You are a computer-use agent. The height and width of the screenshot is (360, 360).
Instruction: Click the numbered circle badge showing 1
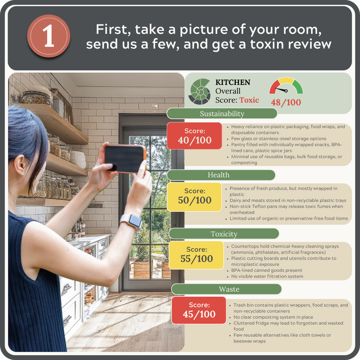[49, 36]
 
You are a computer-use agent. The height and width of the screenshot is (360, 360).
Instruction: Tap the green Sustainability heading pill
[222, 113]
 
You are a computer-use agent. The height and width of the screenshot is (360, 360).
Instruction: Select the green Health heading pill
[221, 175]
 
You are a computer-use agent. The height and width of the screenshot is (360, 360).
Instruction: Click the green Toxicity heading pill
[224, 234]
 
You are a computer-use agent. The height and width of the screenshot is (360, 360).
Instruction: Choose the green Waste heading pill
[226, 289]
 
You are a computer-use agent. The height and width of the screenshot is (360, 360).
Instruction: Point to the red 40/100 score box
[194, 136]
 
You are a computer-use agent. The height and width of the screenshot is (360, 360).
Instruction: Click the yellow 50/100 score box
[194, 197]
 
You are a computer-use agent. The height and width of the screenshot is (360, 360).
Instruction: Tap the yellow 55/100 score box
[196, 255]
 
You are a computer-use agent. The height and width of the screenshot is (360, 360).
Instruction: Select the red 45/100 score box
[199, 310]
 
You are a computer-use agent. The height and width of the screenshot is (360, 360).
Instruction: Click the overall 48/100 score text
[286, 102]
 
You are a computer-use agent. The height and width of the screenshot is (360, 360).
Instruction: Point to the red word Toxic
[249, 100]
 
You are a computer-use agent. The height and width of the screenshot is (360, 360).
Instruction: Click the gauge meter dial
[286, 85]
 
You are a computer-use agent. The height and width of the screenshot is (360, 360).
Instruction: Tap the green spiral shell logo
[199, 91]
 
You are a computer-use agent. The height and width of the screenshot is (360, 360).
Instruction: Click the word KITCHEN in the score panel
[233, 82]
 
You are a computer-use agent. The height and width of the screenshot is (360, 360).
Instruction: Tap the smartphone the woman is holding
[125, 159]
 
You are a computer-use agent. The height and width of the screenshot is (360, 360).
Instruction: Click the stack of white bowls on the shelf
[78, 159]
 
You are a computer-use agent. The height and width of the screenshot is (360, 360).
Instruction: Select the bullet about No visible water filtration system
[267, 276]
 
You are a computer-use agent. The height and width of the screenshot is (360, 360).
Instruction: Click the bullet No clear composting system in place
[273, 317]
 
